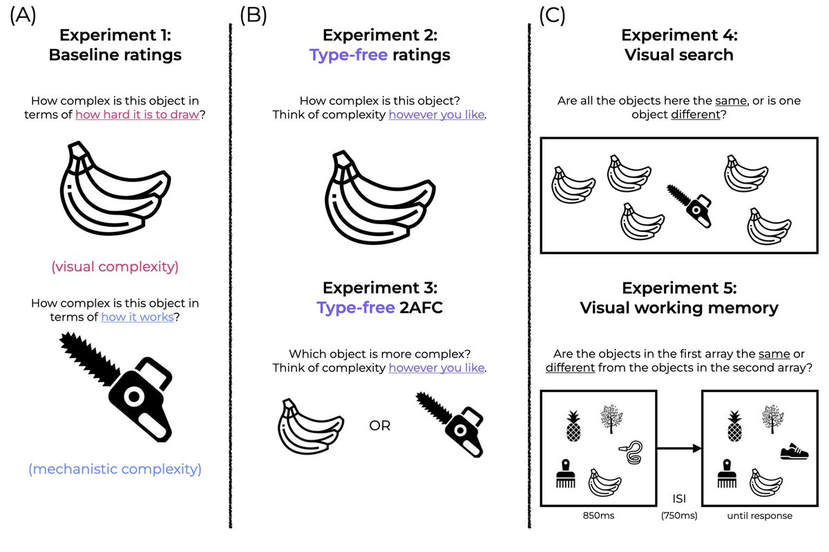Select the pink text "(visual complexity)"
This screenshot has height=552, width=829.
(115, 267)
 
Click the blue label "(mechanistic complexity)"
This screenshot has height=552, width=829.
(115, 470)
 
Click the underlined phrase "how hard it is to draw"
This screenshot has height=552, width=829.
(137, 115)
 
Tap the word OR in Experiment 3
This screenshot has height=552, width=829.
(380, 426)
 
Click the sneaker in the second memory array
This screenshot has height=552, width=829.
(794, 453)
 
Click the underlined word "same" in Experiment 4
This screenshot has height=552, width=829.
(731, 101)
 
